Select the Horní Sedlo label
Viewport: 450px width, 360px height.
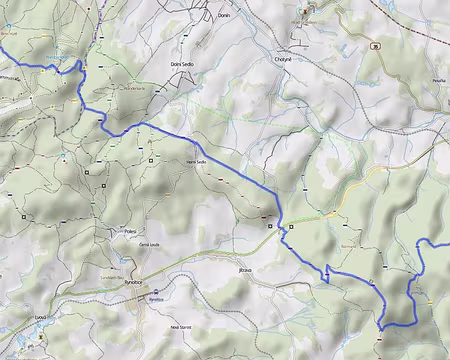click(x=196, y=161)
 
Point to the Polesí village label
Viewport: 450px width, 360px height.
click(x=130, y=229)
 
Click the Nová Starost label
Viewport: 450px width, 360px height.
click(x=180, y=327)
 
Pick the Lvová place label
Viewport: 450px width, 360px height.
click(x=40, y=316)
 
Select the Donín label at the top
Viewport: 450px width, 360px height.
click(x=224, y=16)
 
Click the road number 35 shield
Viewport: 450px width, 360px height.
click(x=375, y=45)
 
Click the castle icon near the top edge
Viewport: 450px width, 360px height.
click(x=306, y=11)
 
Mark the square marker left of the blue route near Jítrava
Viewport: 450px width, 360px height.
click(x=269, y=227)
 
